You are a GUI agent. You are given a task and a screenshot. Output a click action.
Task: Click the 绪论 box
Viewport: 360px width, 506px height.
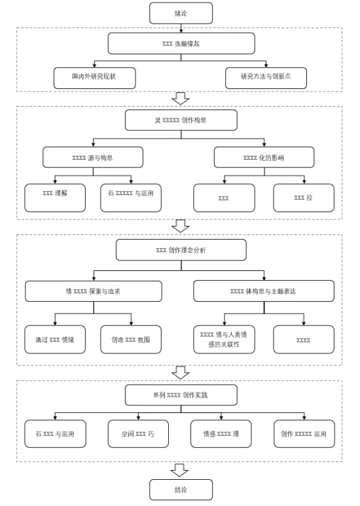coord(181,13)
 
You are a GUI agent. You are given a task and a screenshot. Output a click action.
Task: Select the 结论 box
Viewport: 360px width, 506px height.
coord(181,490)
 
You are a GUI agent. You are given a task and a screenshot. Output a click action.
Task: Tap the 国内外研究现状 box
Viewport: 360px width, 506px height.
coord(94,78)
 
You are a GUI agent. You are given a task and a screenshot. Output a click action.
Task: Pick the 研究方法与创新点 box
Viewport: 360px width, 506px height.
coord(266,78)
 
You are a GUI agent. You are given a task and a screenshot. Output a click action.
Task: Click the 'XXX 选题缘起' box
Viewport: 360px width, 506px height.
coord(181,43)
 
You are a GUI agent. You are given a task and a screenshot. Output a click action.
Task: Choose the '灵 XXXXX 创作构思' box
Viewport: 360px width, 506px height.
coord(181,120)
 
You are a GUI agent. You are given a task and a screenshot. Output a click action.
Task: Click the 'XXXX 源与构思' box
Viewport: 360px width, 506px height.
coord(93,157)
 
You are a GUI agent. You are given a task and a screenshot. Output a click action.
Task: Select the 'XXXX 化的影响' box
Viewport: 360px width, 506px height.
coord(264,157)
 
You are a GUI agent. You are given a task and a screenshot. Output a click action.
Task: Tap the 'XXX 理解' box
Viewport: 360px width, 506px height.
coord(55,198)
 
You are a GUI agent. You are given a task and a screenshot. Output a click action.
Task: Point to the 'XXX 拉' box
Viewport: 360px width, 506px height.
coord(304,198)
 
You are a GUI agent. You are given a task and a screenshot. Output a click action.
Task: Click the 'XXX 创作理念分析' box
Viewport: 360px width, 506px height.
coord(181,250)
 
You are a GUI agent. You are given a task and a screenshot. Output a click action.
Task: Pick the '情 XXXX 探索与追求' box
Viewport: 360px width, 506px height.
coord(94,291)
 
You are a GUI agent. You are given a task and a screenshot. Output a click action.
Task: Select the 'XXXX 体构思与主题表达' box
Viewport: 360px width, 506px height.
coord(264,291)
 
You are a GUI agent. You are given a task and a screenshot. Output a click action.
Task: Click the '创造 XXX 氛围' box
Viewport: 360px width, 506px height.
coord(131,340)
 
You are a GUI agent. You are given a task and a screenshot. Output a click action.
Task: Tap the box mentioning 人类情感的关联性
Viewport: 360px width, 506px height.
coord(224,340)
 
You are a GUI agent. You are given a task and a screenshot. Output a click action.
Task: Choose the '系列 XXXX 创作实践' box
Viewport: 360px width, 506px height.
coord(181,395)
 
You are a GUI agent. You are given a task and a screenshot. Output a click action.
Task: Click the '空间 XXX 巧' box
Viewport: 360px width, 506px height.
coord(138,434)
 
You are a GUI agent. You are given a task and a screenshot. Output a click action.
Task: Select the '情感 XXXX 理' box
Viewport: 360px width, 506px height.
coord(221,434)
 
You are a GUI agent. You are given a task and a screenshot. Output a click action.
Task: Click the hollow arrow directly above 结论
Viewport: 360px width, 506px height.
coord(180,470)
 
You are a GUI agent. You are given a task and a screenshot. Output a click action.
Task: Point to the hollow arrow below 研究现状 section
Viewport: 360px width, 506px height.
coord(181,98)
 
